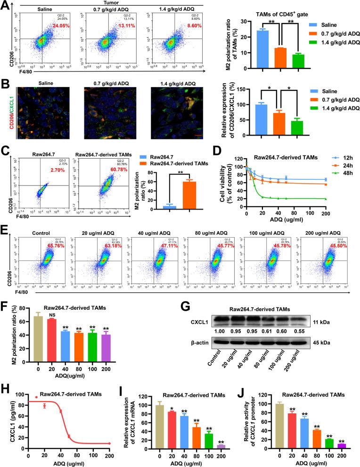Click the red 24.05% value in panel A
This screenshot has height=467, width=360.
61,26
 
